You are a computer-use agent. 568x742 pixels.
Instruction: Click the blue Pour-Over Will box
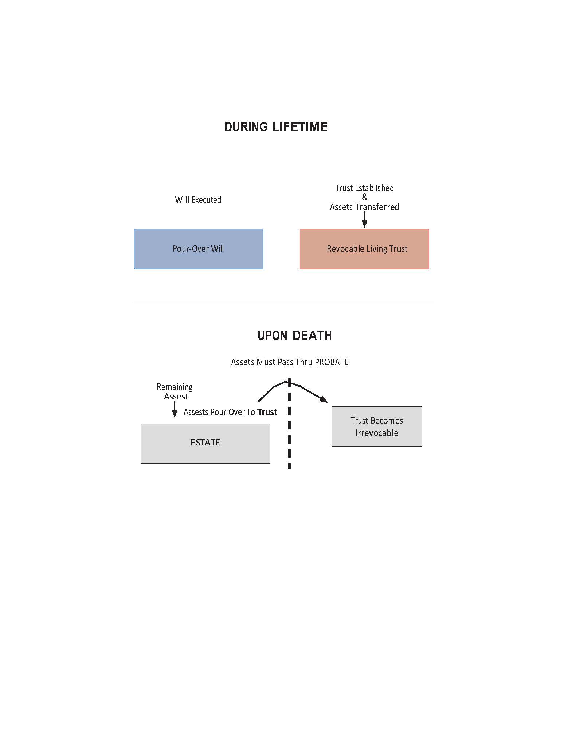coord(199,249)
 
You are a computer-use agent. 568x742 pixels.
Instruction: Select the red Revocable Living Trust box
coord(364,249)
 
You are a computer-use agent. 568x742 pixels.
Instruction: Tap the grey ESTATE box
coord(205,444)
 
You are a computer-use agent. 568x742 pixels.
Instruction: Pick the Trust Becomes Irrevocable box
coord(377,426)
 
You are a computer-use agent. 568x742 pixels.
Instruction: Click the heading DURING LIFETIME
coord(276,127)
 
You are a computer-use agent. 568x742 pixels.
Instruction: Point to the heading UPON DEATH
coord(295,336)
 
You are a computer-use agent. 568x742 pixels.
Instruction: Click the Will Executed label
coord(198,200)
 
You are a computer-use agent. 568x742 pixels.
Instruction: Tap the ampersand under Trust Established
coord(365,197)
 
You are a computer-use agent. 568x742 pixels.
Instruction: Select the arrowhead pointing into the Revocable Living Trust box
coord(364,224)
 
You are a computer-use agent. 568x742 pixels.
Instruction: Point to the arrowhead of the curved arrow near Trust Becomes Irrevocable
coord(324,399)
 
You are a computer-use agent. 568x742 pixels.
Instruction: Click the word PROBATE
coord(332,362)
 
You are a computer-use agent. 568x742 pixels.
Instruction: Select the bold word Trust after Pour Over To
coord(267,412)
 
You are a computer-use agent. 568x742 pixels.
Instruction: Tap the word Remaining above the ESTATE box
coord(175,387)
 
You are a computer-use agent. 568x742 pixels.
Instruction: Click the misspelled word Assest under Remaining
coord(176,397)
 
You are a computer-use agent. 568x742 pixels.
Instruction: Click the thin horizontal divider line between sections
coord(284,301)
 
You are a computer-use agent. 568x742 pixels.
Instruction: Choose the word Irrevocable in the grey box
coord(377,433)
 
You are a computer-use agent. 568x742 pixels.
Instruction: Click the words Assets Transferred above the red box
coord(364,207)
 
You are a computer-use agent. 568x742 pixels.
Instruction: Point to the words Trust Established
coord(364,188)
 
